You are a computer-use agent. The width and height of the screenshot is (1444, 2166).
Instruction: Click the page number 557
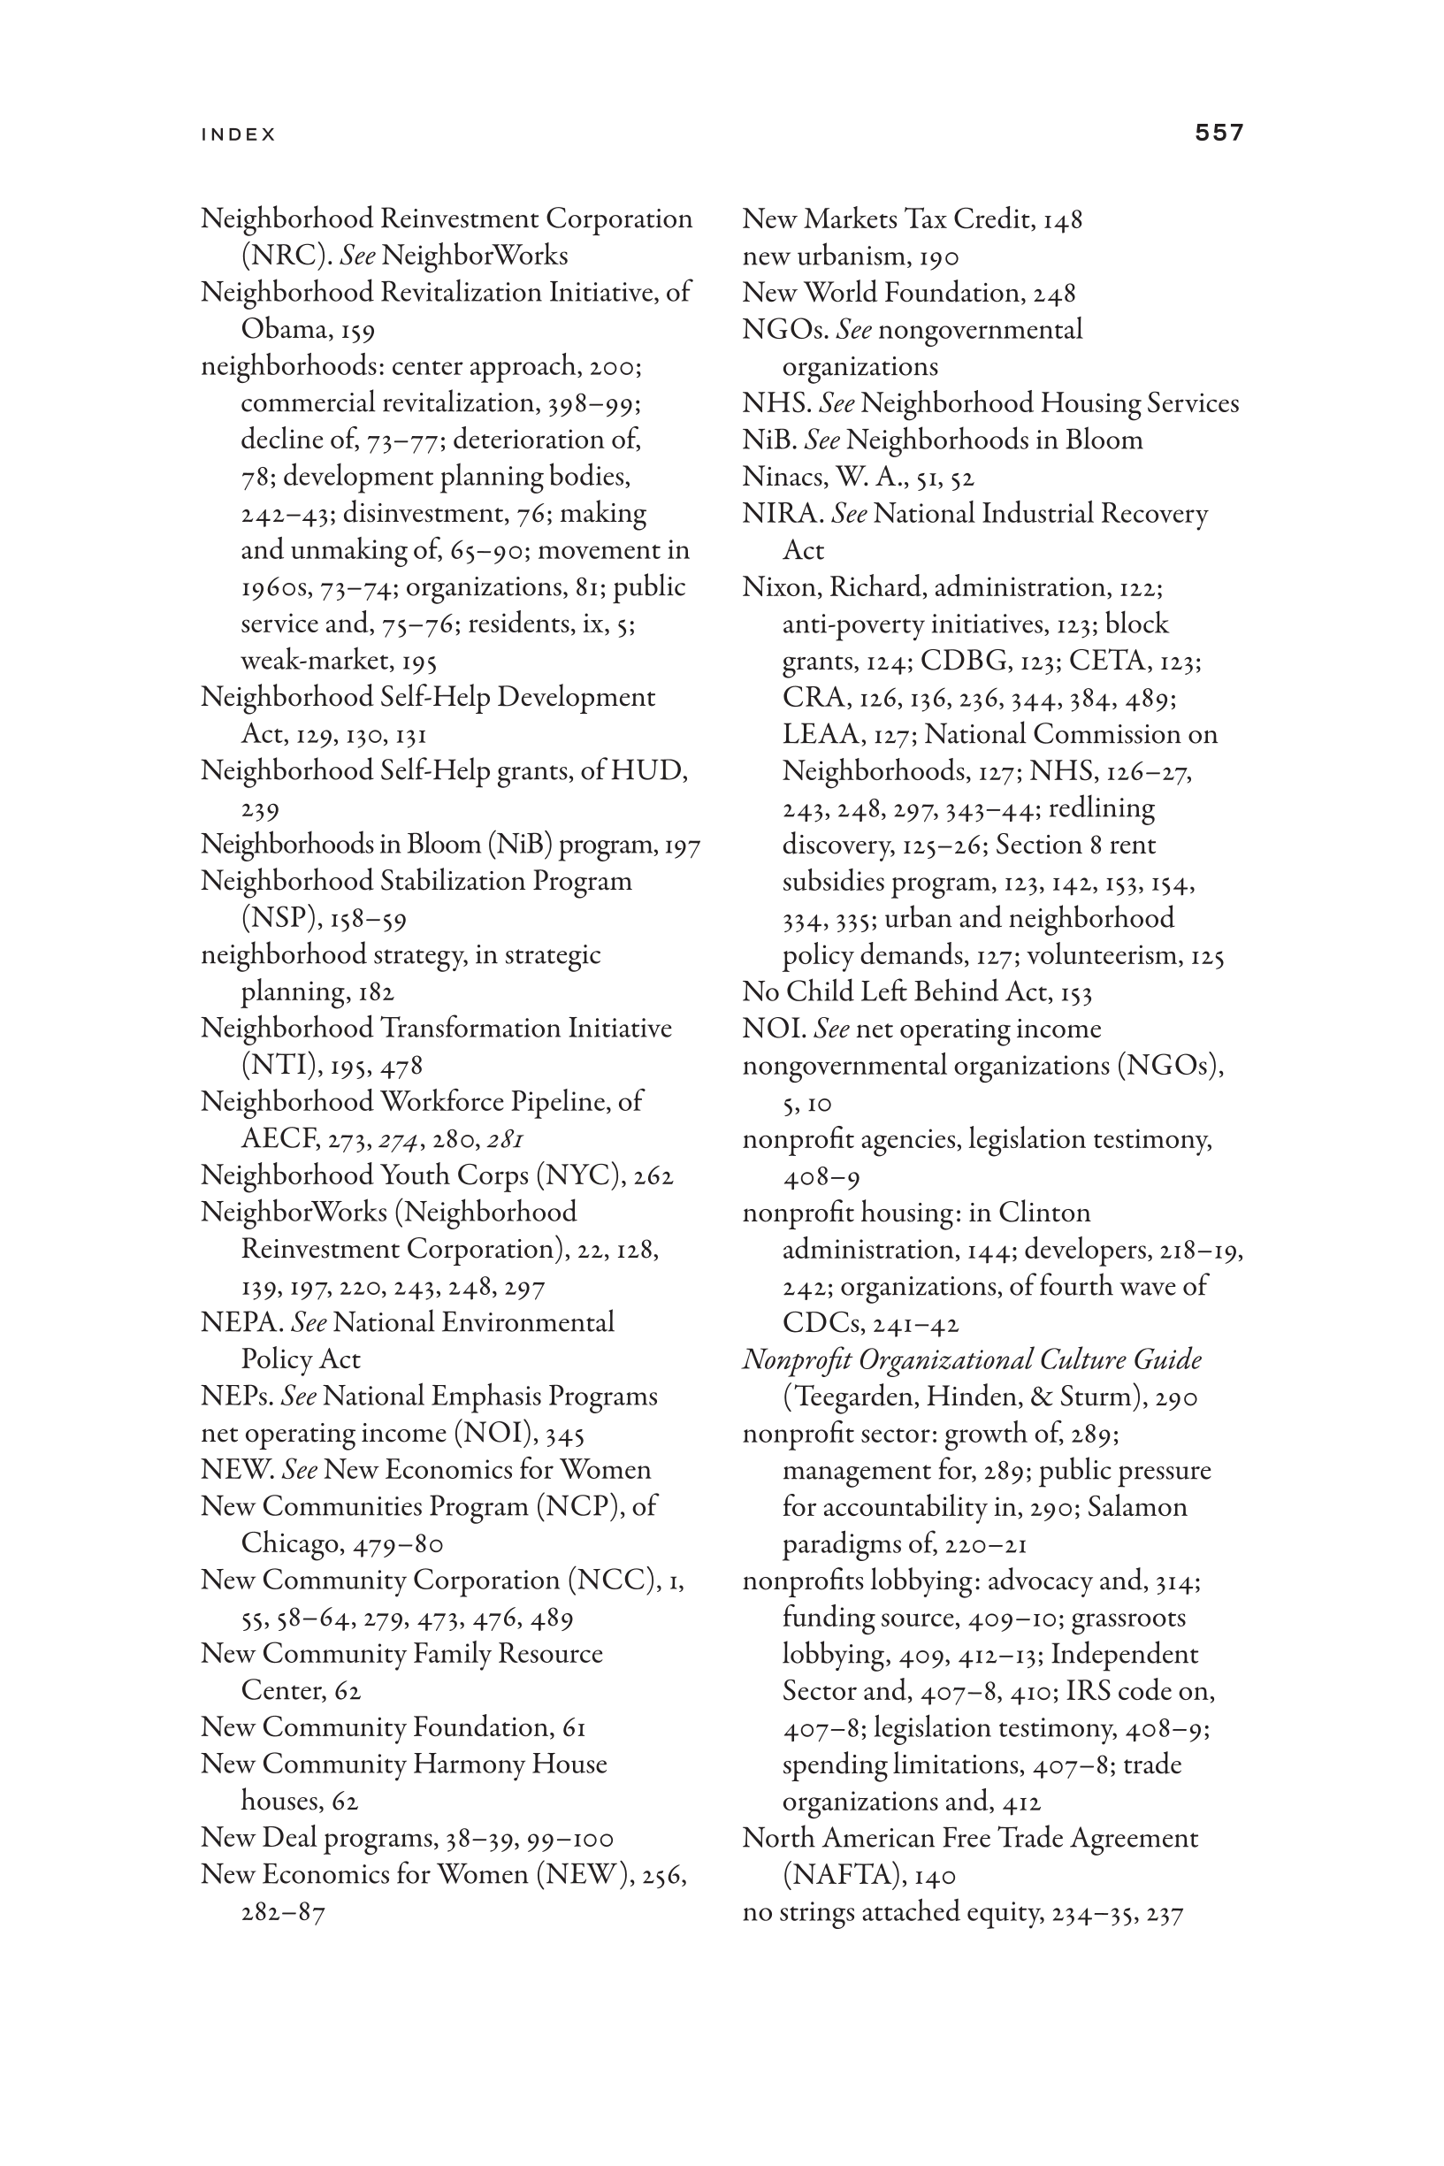1219,133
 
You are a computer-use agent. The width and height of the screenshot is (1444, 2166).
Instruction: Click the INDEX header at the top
239,134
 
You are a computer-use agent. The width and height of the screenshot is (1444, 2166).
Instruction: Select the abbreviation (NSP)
273,918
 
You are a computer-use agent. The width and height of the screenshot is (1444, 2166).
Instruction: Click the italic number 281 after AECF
506,1139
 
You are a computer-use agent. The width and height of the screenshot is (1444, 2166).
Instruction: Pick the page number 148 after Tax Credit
1063,220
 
